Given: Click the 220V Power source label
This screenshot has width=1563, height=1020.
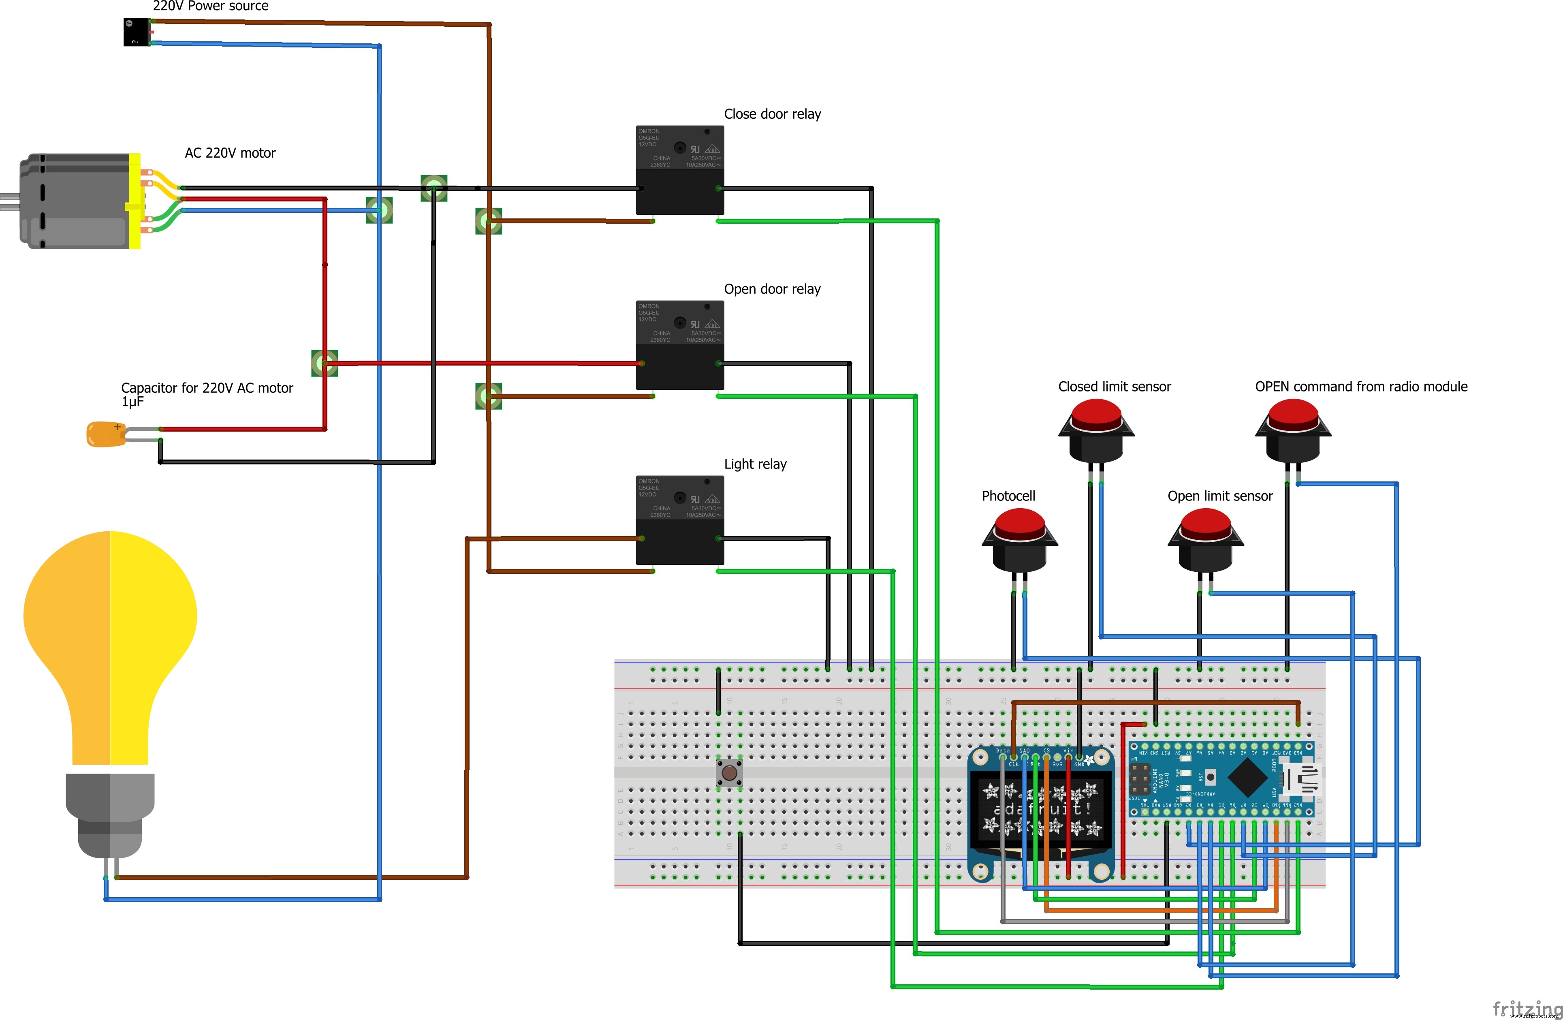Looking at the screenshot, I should [210, 6].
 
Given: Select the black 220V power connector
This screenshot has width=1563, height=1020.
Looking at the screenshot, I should [136, 32].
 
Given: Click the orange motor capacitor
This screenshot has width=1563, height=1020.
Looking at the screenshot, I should [105, 434].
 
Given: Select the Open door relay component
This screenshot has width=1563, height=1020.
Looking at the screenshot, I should [680, 345].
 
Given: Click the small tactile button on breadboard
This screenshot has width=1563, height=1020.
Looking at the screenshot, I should [729, 772].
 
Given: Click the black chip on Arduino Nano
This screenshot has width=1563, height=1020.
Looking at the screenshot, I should [1247, 778].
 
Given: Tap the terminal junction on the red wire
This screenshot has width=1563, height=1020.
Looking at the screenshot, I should [325, 363].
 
